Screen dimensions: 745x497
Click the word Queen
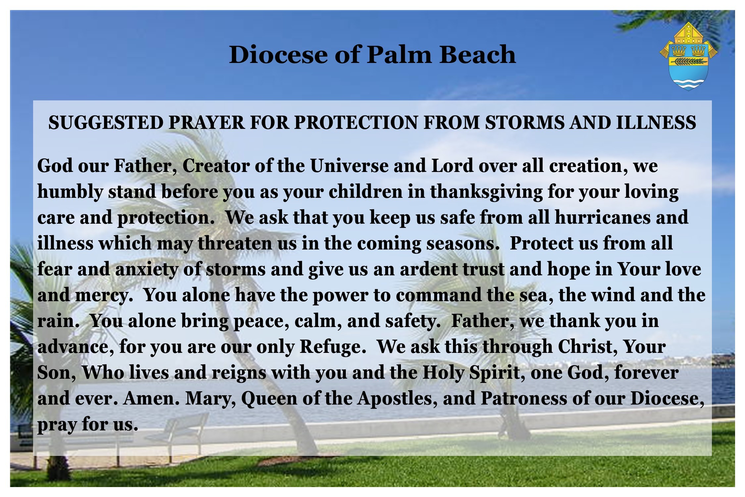coord(269,399)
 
